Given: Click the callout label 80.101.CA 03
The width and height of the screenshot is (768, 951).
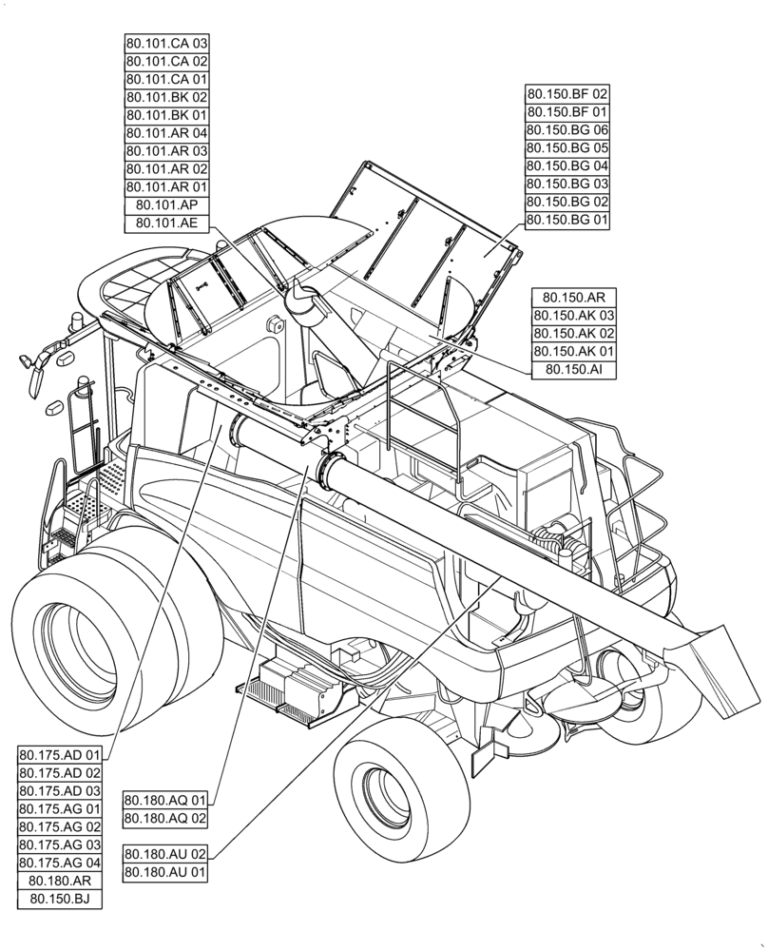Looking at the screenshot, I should (x=166, y=44).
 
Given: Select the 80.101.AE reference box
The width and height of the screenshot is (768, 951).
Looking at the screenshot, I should (x=166, y=223).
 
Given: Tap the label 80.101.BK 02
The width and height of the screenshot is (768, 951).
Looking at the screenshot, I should (x=166, y=97).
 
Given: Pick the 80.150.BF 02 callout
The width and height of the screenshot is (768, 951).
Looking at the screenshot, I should (x=567, y=94).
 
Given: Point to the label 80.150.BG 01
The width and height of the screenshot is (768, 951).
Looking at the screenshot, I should (x=567, y=220).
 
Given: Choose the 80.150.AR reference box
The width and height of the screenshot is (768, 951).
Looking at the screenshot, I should (x=574, y=298).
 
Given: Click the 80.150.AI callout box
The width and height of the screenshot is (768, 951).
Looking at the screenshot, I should (x=574, y=370).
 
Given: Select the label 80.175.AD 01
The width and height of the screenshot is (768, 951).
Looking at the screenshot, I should (x=60, y=755).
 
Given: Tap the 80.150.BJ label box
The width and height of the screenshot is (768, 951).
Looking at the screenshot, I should (x=60, y=899).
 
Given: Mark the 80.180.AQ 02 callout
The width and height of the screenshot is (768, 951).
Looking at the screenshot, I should (x=165, y=817).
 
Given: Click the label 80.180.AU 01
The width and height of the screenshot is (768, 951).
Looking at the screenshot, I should (x=165, y=871).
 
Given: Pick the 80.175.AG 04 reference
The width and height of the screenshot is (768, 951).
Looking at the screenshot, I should (x=60, y=863).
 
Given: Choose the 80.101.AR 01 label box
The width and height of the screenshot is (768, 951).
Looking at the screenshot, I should (x=166, y=187).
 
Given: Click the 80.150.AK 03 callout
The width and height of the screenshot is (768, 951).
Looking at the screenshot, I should (x=574, y=316).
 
